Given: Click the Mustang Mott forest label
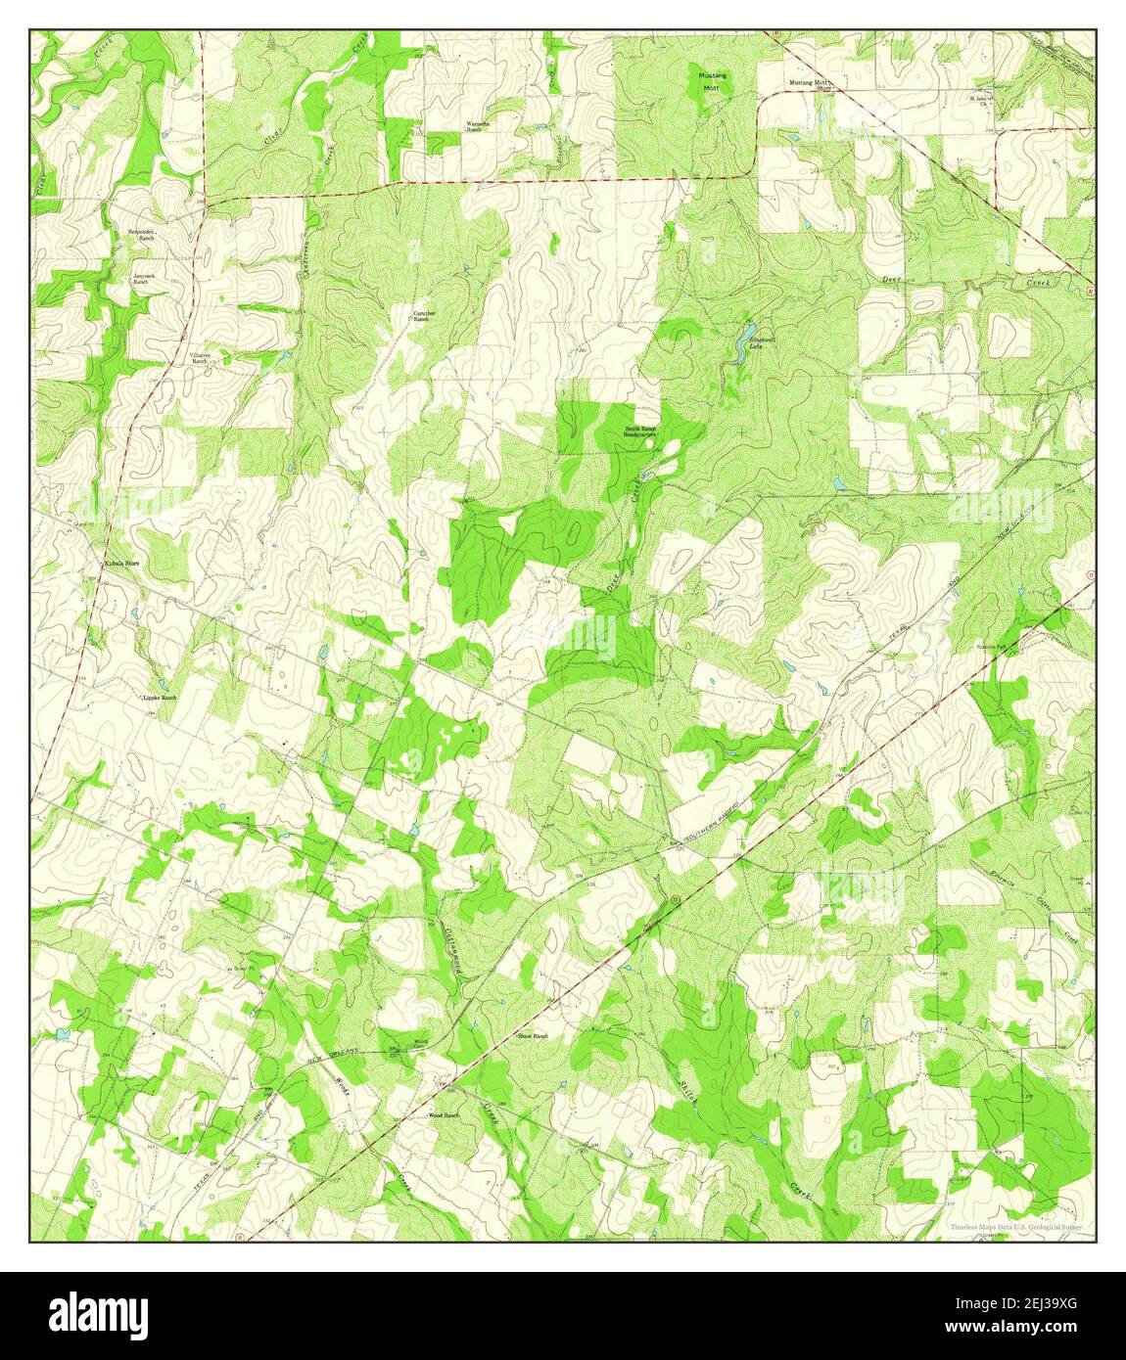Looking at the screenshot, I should tap(708, 80).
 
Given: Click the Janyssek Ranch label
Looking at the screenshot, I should tap(145, 279).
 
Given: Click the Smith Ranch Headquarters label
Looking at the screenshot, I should tap(641, 431).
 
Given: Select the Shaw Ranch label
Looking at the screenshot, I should tap(533, 1035).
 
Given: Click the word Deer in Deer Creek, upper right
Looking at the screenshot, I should tap(888, 280).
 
